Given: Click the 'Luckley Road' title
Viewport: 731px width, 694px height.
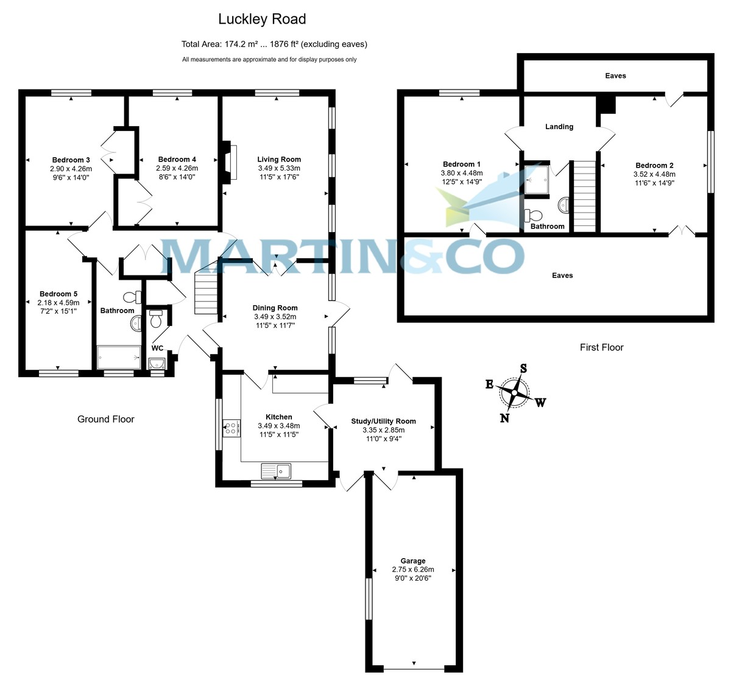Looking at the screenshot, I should tap(262, 19).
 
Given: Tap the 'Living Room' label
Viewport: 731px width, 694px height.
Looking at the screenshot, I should tap(279, 160).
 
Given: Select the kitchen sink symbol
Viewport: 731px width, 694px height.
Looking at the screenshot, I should tap(277, 470).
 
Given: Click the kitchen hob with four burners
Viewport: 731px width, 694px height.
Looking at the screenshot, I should tap(231, 428).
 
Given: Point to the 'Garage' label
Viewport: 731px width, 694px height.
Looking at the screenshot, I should tap(413, 561).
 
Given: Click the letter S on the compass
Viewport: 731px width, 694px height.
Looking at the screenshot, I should tap(523, 369).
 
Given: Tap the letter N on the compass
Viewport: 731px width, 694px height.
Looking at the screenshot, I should tap(504, 418).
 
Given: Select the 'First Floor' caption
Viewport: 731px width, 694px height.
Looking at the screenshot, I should tap(601, 347).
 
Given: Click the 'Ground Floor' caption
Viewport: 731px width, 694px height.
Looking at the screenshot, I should tap(105, 419).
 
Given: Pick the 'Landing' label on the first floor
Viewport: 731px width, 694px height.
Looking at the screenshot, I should tap(559, 127).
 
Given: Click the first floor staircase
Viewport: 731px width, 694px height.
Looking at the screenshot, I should tap(584, 196).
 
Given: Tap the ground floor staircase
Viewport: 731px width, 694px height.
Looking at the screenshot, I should tap(206, 293).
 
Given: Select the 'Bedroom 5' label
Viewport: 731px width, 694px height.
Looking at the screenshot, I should tap(58, 294).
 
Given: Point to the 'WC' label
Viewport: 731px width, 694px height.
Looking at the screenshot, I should tap(157, 349).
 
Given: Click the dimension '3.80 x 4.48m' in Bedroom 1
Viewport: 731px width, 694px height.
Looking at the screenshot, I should tap(462, 173).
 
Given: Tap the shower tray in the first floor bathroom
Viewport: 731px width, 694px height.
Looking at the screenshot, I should tap(537, 180).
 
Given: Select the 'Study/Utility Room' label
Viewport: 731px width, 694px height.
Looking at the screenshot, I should tap(383, 421).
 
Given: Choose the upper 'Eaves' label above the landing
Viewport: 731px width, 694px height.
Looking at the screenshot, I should tap(615, 76).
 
